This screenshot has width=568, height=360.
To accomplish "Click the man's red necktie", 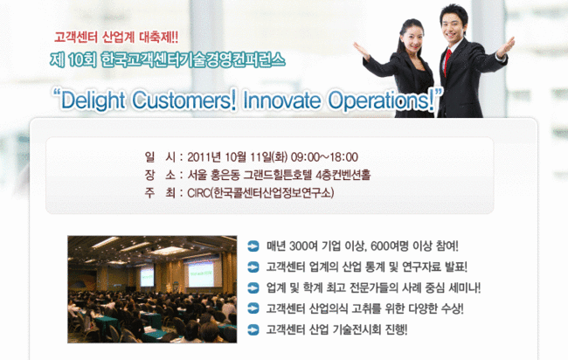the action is [447, 60].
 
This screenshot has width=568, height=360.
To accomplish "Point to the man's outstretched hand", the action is [507, 46].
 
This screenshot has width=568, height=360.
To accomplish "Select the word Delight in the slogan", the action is [93, 100].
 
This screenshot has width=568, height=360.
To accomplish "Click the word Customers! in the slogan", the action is [184, 100].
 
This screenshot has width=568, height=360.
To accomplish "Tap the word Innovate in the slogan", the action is [282, 100].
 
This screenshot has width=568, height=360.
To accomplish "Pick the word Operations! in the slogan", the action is [381, 100].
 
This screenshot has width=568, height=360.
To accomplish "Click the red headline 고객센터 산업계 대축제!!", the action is [116, 37].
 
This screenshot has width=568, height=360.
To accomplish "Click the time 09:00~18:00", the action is [324, 157].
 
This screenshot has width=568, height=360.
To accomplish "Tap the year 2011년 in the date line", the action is [204, 157].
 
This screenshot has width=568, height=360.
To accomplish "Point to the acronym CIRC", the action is [198, 193].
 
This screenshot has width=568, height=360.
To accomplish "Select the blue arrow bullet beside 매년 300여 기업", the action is [253, 246].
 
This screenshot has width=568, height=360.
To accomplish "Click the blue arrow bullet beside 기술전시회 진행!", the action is [253, 330].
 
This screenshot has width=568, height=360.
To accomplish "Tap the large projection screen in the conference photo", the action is [200, 274].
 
